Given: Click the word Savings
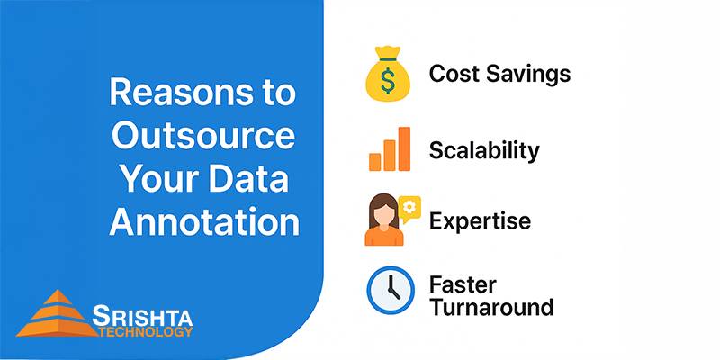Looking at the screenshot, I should (x=530, y=74).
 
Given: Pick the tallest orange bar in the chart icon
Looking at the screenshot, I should (x=404, y=148).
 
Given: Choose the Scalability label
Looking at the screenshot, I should (x=484, y=149).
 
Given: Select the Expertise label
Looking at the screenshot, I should (x=480, y=220).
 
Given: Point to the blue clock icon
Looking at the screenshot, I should (x=389, y=291).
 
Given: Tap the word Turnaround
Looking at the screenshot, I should (x=490, y=307).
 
